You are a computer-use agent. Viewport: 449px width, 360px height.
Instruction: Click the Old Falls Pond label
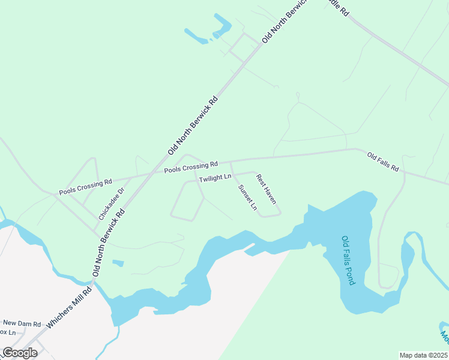pos(349,260)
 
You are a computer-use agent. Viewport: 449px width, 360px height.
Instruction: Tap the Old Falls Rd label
pos(383,161)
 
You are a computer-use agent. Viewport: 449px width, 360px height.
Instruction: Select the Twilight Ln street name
pos(215,178)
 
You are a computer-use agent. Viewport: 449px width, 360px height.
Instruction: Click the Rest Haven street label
pos(266,188)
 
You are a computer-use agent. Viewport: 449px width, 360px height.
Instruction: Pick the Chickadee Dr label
pos(112,203)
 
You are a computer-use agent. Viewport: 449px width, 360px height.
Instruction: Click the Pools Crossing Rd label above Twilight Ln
pos(190,167)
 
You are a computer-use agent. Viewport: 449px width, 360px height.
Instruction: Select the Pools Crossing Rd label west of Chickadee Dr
pos(85,187)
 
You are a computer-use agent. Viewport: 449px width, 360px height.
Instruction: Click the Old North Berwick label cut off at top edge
pos(285,21)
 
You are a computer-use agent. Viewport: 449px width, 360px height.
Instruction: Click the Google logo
pos(20,353)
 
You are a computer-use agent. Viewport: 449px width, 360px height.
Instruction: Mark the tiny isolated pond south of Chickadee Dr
pos(118,263)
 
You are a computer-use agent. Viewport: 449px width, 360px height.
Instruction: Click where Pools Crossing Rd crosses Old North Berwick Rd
pos(151,173)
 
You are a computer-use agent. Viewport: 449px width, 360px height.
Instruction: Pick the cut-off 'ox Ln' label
pos(8,332)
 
